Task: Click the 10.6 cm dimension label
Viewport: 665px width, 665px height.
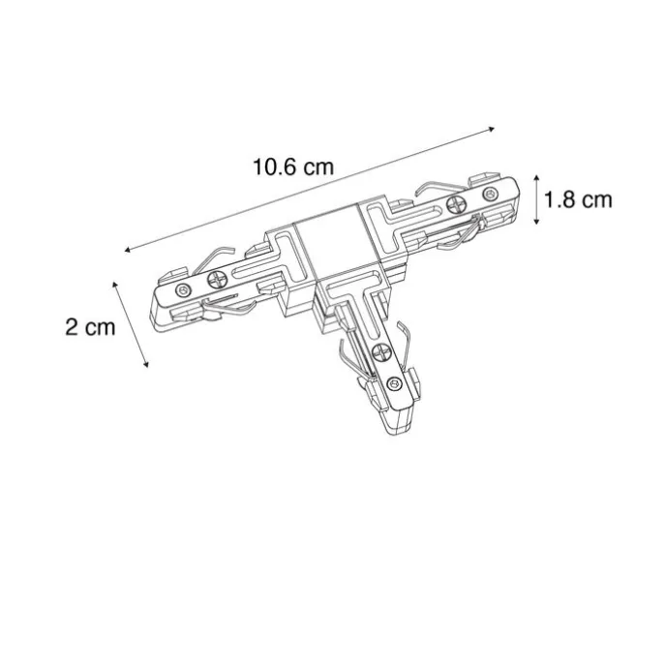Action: pyautogui.click(x=293, y=166)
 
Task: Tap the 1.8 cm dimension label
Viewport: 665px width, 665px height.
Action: pyautogui.click(x=578, y=200)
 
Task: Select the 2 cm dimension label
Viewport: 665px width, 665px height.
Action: pyautogui.click(x=90, y=326)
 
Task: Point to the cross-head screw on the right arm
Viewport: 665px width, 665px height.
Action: pyautogui.click(x=459, y=203)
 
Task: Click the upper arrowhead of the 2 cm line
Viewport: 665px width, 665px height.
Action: pyautogui.click(x=116, y=283)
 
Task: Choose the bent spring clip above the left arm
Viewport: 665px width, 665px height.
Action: pyautogui.click(x=221, y=253)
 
